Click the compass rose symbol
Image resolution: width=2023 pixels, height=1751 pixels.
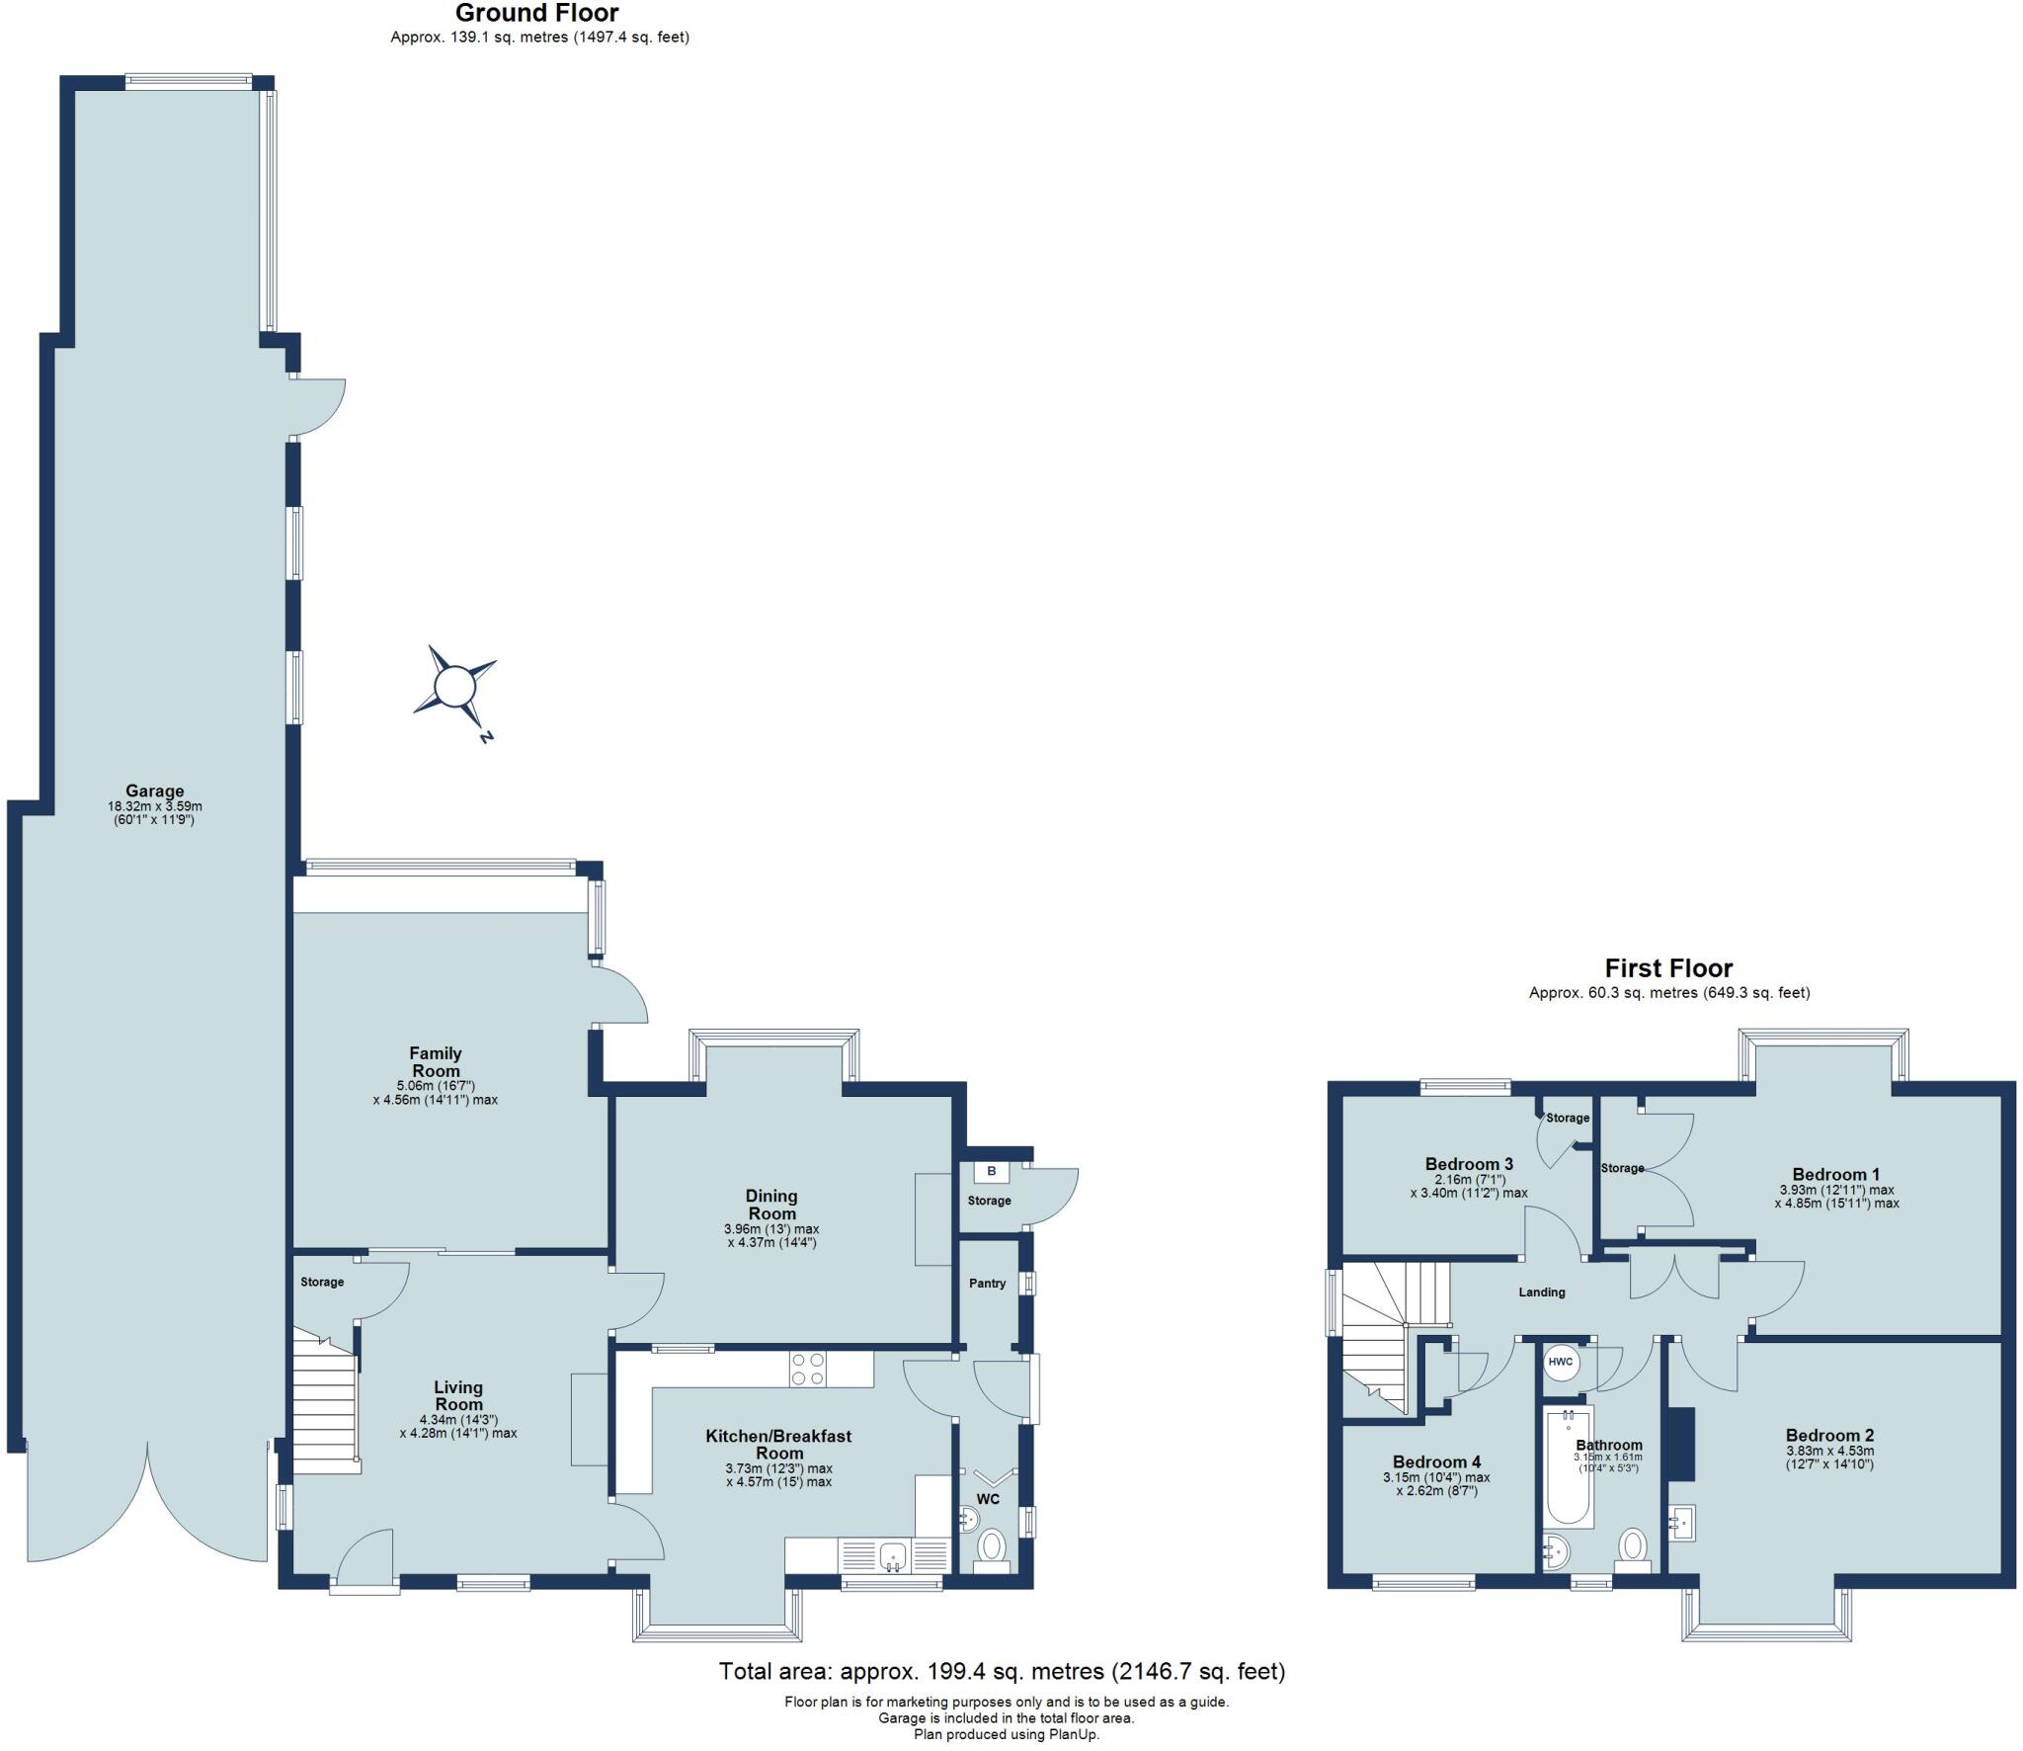click(455, 685)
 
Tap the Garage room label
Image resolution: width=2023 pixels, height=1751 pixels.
click(154, 791)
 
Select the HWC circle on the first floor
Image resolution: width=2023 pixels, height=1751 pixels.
click(1560, 1362)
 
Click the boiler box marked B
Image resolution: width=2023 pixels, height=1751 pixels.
click(991, 1172)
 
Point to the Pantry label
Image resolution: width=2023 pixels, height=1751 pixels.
click(987, 1284)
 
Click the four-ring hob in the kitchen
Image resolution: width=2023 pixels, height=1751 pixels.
click(807, 1370)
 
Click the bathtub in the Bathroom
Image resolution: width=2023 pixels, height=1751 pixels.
click(1568, 1466)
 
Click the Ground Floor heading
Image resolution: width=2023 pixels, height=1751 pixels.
click(536, 13)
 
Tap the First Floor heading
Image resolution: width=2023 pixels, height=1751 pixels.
click(1668, 968)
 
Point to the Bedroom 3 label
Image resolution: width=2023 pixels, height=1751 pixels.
click(1469, 1164)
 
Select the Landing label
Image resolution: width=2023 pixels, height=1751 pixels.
click(1541, 1292)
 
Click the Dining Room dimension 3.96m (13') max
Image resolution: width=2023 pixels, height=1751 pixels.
click(771, 1229)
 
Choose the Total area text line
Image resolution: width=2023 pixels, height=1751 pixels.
click(1002, 1671)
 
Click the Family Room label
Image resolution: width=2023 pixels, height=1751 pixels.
click(436, 1061)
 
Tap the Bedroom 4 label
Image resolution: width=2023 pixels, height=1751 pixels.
click(1436, 1461)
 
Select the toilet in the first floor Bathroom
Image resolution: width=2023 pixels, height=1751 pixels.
click(1633, 1546)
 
